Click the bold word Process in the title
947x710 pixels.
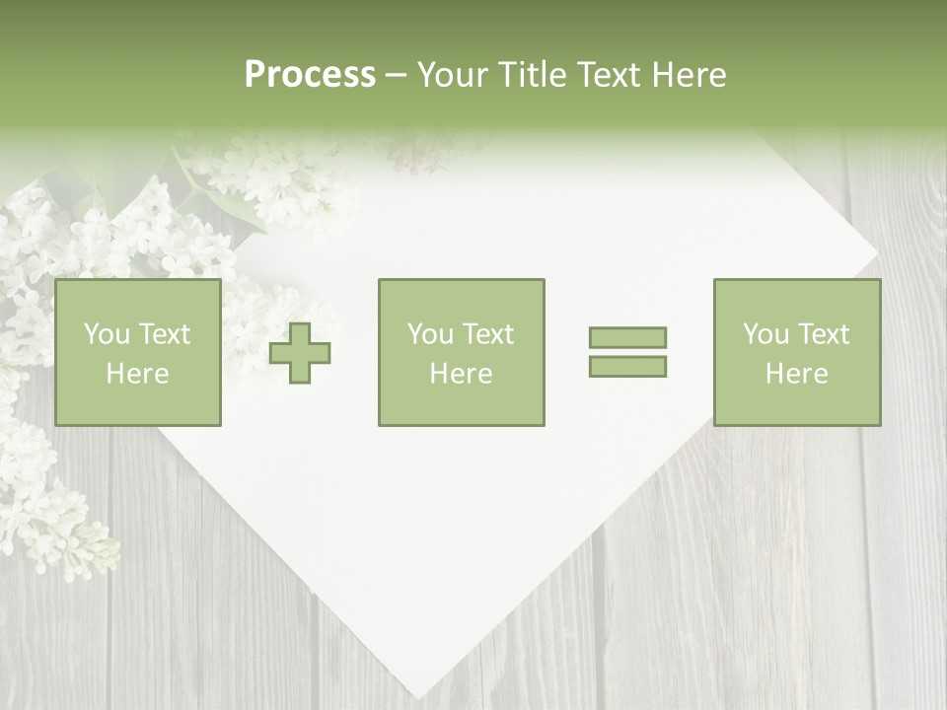point(310,75)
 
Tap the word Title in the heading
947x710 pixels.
point(533,75)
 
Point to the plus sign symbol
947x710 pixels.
point(300,352)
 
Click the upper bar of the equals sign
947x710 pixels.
point(627,337)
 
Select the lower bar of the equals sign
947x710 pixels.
point(627,366)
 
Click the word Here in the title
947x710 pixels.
point(690,75)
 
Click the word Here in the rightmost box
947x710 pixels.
point(797,373)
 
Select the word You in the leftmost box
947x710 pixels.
point(105,334)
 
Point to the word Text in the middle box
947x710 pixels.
point(487,334)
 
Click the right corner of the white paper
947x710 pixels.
point(877,263)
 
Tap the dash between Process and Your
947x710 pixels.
point(397,76)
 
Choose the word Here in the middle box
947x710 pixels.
point(462,373)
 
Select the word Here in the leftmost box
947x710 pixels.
point(138,373)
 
